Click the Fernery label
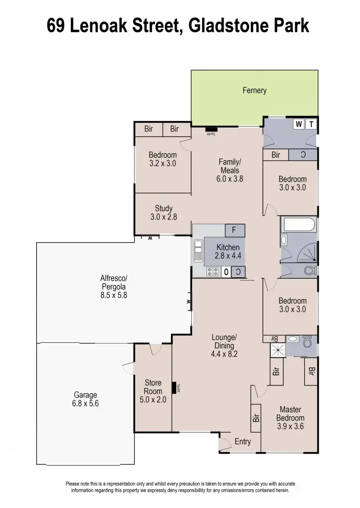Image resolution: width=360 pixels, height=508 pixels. click(254, 90)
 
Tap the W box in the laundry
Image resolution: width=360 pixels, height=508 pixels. click(298, 124)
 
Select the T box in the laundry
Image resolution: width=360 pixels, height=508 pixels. click(311, 124)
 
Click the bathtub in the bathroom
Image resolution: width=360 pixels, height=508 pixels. click(298, 226)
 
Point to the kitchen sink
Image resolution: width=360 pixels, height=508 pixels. click(198, 251)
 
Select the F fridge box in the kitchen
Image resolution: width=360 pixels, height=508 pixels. click(234, 230)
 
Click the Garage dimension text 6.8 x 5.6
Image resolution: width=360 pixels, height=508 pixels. click(85, 403)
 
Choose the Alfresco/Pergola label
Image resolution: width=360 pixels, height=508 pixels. click(114, 286)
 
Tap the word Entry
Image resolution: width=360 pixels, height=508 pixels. click(242, 442)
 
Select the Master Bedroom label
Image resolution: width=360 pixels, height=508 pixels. click(290, 414)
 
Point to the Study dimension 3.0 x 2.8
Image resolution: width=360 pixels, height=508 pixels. click(163, 217)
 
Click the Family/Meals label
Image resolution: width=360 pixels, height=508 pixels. click(229, 166)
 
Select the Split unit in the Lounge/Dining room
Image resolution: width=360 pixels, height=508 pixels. click(175, 387)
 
